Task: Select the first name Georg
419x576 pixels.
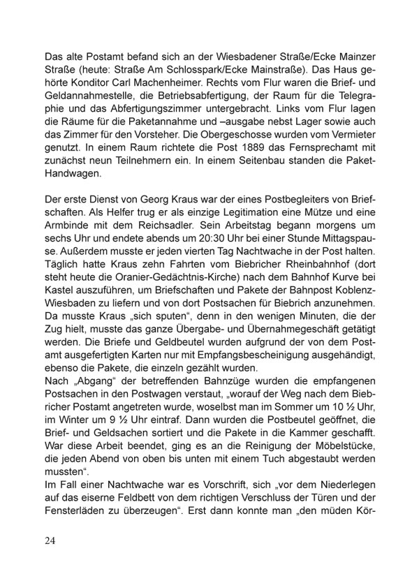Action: (159, 198)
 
